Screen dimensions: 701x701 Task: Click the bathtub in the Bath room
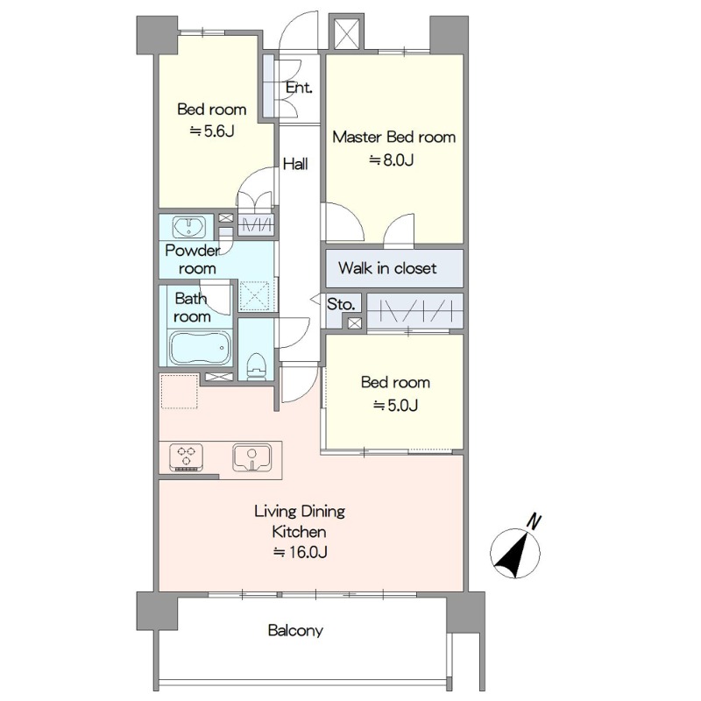(x=200, y=348)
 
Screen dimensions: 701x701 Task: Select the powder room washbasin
(x=189, y=227)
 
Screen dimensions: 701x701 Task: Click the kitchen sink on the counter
(x=251, y=457)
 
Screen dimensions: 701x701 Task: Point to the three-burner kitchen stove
(x=187, y=457)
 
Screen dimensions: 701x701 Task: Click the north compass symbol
(x=515, y=553)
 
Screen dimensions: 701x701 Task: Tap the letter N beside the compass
(x=534, y=521)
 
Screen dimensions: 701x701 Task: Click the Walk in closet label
(x=387, y=268)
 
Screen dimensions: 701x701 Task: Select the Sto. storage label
(x=341, y=304)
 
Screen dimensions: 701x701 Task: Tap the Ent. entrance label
(x=299, y=88)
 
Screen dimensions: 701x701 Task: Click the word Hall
(x=295, y=164)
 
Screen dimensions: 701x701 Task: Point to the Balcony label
(x=295, y=630)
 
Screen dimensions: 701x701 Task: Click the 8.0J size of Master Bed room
(x=391, y=159)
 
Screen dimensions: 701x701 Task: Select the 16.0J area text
(x=300, y=552)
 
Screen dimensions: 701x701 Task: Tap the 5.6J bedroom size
(x=212, y=131)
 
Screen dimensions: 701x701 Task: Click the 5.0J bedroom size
(x=396, y=405)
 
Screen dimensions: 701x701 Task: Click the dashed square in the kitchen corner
(x=179, y=391)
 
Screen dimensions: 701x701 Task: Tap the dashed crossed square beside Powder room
(x=254, y=295)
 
